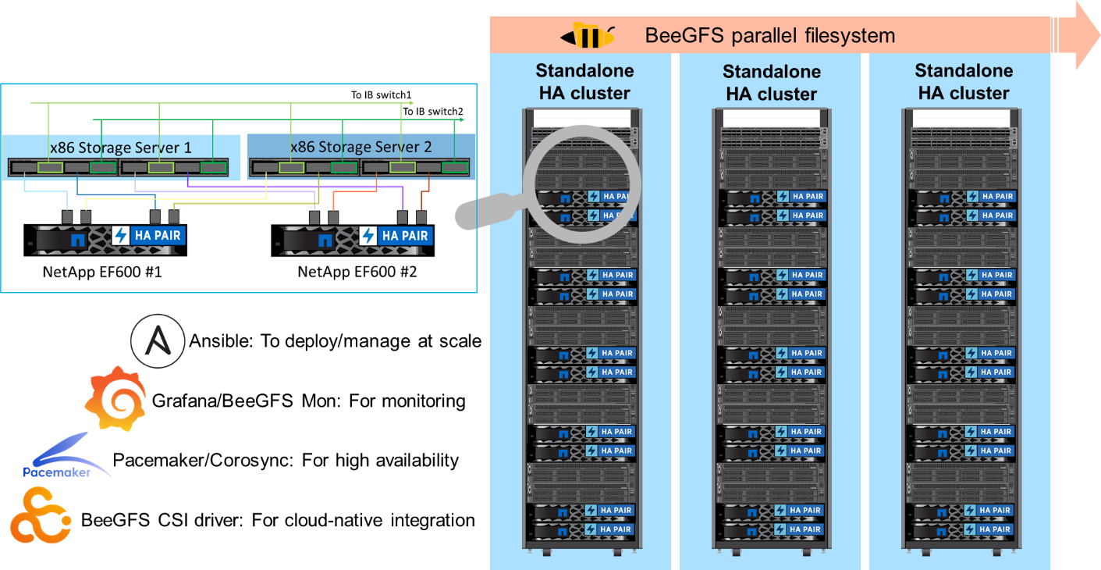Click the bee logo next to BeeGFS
[x=587, y=36]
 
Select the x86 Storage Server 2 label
[x=360, y=147]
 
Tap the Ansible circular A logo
[x=158, y=341]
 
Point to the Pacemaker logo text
[x=56, y=472]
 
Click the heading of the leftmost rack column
[x=584, y=82]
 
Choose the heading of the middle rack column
[x=771, y=83]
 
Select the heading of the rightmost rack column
[x=963, y=82]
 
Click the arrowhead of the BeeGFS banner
[x=1081, y=36]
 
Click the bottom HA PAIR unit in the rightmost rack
[x=964, y=529]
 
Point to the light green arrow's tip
[x=411, y=102]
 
